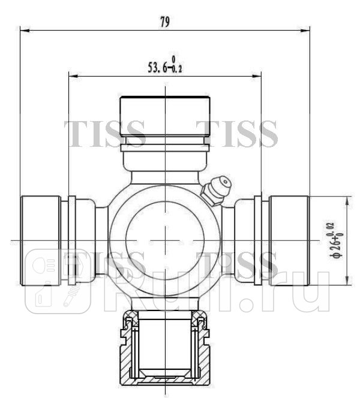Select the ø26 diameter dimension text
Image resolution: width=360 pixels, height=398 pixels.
338,240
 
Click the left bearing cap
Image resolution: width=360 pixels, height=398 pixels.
40,240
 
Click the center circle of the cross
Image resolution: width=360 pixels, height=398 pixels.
165,240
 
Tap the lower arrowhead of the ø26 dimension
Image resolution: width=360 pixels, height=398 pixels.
347,281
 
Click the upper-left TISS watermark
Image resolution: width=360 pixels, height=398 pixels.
105,133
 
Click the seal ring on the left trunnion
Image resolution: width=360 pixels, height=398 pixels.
72,240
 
